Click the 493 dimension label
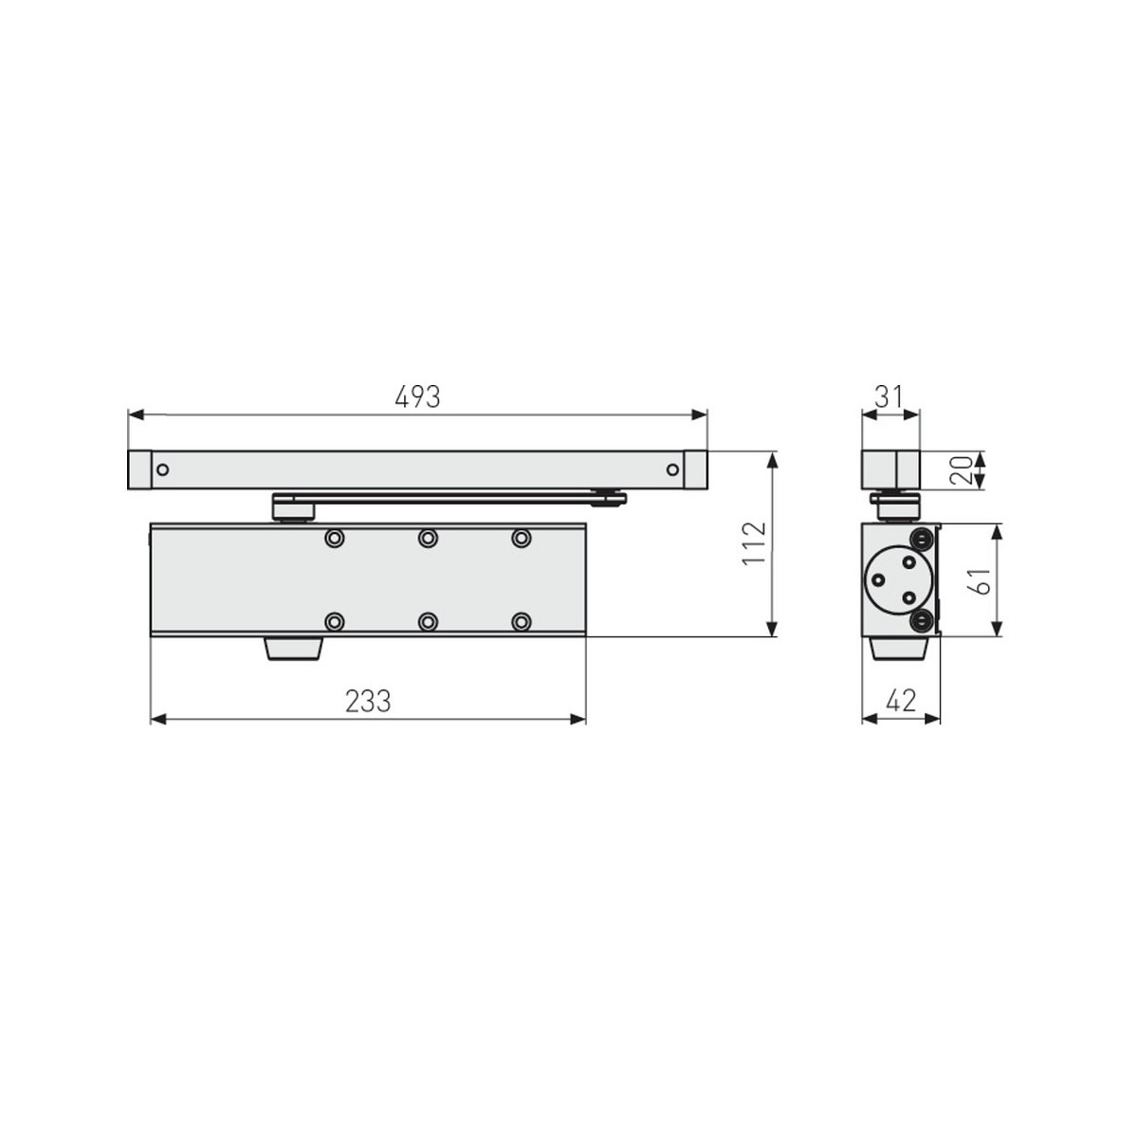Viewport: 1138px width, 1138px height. (417, 396)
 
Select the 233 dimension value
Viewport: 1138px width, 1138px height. (368, 702)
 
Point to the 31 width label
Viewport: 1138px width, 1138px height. (889, 396)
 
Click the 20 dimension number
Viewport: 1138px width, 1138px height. (961, 470)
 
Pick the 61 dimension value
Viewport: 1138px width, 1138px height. (980, 581)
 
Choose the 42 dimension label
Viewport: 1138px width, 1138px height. (901, 701)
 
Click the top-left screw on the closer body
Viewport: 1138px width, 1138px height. (334, 538)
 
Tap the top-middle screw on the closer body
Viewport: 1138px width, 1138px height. (428, 538)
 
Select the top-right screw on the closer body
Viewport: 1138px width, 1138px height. (521, 538)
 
